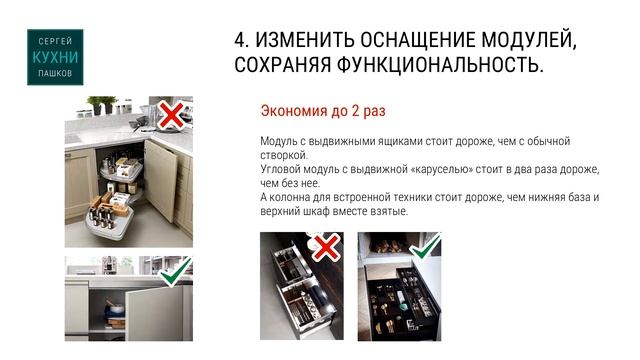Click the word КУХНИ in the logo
55,58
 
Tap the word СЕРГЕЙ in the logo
55,41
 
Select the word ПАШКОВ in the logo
55,73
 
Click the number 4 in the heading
241,40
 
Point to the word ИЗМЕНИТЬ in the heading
305,40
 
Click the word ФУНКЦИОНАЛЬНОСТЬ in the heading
440,64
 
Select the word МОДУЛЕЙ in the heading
529,40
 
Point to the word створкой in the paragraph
284,155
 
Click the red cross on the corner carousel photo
171,116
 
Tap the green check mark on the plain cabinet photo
176,271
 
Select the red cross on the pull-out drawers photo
326,247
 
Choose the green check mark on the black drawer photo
426,246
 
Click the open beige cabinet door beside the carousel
161,180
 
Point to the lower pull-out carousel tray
110,220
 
